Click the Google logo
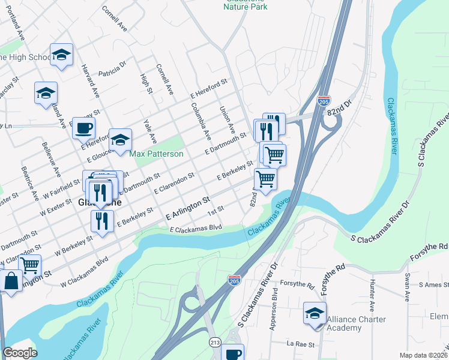(x=20, y=353)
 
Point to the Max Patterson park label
(x=157, y=154)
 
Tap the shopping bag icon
(x=11, y=280)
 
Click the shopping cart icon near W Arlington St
(x=29, y=263)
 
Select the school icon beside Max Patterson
(x=120, y=140)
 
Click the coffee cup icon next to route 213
(x=233, y=353)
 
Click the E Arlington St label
(x=187, y=208)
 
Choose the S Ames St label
(x=430, y=284)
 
